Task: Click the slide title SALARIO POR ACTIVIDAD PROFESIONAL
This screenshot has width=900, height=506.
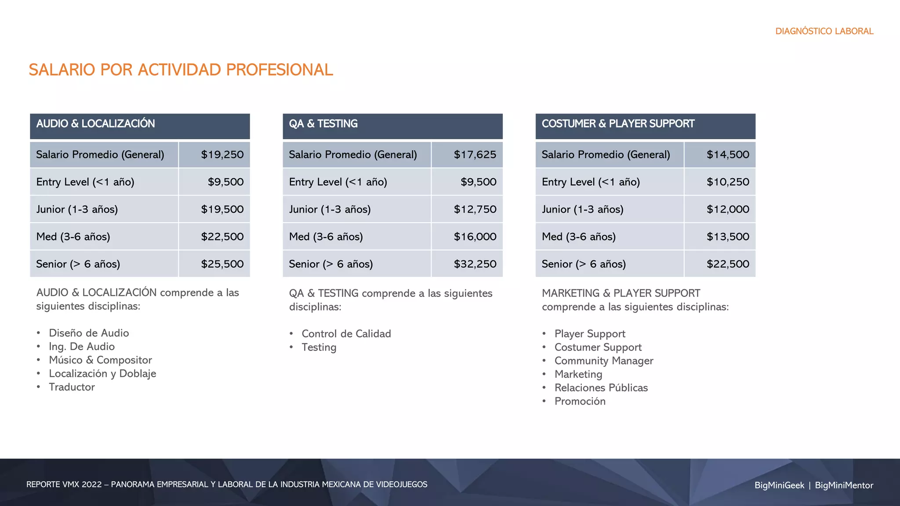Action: pos(181,70)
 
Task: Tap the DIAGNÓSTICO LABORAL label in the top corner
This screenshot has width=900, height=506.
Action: pos(824,31)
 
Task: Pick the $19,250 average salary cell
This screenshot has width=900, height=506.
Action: pos(222,155)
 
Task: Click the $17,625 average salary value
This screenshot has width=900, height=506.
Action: pos(475,155)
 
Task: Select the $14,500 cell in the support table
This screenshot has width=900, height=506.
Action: pos(728,155)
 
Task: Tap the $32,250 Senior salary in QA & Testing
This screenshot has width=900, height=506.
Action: pos(475,264)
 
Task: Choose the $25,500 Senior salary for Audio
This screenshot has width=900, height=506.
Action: pos(222,264)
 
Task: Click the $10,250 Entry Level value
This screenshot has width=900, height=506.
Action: pos(728,182)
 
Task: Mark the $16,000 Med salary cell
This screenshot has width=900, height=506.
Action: pos(475,237)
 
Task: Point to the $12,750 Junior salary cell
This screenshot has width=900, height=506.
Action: pos(475,210)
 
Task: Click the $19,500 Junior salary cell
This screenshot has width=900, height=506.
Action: pos(222,210)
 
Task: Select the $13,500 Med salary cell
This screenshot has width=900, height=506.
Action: pos(728,237)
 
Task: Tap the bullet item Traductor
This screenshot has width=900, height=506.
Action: pos(72,387)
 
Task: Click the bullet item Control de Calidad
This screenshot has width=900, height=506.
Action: pos(346,334)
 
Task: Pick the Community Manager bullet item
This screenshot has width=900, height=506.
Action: pos(603,361)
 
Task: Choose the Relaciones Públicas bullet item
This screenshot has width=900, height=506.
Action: pos(601,388)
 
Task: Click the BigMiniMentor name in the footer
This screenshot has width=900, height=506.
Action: pos(844,485)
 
